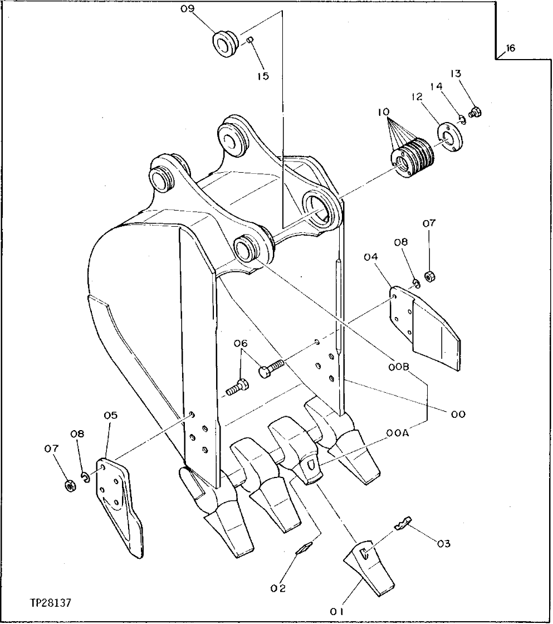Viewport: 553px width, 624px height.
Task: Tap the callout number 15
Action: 263,76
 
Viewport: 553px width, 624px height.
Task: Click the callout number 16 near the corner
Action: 510,48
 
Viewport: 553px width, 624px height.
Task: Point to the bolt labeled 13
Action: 476,112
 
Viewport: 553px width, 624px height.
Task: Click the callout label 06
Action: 241,344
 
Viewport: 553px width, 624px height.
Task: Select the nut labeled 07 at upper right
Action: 429,275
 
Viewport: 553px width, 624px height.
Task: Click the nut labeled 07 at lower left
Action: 69,485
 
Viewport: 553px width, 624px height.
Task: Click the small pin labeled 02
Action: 304,549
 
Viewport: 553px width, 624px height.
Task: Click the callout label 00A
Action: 398,433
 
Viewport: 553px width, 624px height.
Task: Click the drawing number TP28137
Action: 51,603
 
